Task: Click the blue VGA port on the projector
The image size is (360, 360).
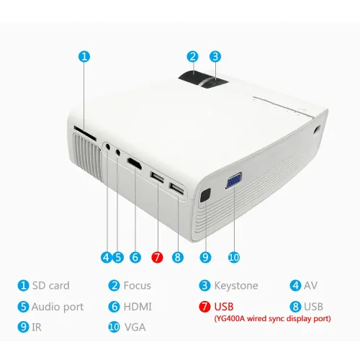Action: [233, 180]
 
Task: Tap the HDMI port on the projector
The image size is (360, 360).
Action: [134, 164]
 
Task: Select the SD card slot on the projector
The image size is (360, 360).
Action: [85, 133]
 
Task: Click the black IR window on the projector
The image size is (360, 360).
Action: [204, 195]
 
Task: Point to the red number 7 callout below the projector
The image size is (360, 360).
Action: [157, 257]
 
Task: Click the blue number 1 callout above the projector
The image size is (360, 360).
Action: [84, 57]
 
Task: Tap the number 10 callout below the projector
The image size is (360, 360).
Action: [234, 257]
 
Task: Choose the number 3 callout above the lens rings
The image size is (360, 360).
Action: [215, 57]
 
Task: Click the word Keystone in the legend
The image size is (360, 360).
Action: [236, 286]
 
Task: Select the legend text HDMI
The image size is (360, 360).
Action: [138, 307]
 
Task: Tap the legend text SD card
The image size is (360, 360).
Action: [51, 286]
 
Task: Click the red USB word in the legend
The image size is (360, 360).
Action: [224, 307]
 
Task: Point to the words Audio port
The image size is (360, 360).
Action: [58, 307]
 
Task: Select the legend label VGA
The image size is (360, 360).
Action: [135, 327]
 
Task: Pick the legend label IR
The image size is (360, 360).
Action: [37, 327]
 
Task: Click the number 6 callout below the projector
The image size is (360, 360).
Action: [135, 257]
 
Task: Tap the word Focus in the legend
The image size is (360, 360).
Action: [138, 286]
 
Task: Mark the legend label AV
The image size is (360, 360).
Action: [311, 286]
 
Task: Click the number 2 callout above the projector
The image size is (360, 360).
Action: [192, 57]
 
